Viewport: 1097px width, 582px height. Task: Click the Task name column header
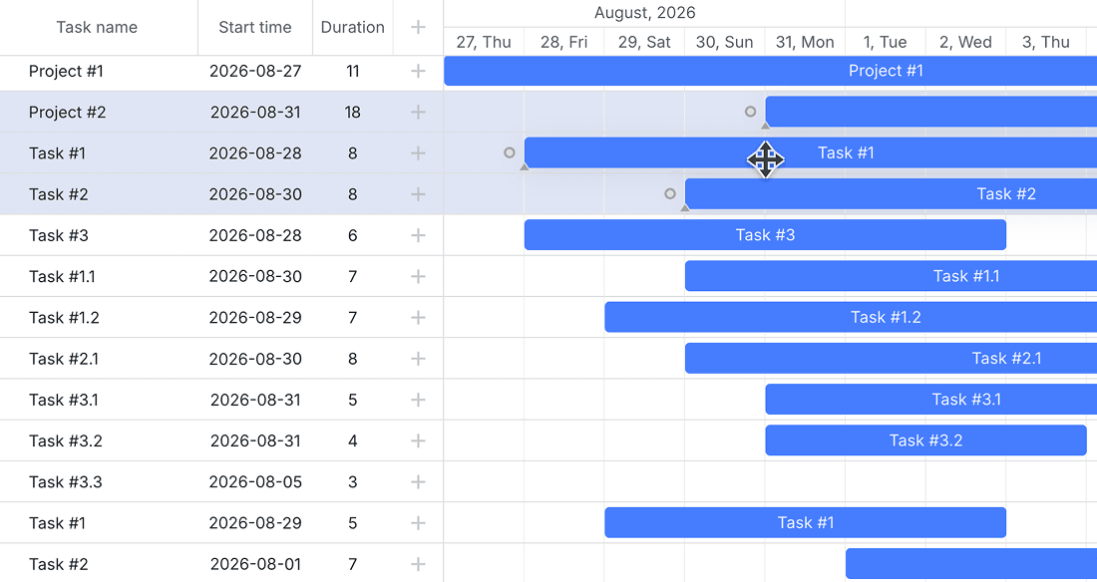97,27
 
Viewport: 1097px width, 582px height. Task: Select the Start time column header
254,27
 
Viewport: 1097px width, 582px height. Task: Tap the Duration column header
353,27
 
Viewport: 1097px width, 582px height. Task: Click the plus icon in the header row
418,27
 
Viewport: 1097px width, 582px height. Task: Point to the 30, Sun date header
724,42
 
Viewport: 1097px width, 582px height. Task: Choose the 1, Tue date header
885,42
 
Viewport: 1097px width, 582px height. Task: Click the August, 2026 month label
644,13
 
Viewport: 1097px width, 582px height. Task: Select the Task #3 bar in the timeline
765,235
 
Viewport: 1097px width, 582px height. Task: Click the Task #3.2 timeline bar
925,440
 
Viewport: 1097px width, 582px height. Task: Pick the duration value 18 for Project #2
353,112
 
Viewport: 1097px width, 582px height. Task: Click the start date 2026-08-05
255,482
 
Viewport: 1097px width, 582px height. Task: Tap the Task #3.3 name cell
65,482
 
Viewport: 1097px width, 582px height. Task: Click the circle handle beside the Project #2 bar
750,112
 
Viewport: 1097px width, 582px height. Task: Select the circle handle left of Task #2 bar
669,193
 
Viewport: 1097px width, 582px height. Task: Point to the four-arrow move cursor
765,159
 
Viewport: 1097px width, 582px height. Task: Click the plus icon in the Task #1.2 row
418,318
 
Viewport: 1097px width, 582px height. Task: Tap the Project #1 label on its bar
886,71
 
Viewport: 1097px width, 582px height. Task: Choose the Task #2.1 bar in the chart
891,358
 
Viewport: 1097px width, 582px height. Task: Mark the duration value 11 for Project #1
353,72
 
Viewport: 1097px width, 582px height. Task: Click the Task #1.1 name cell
62,276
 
